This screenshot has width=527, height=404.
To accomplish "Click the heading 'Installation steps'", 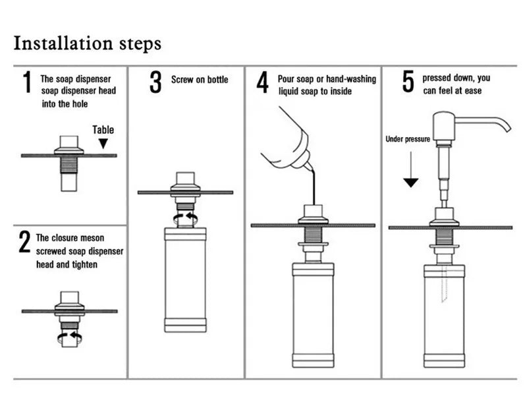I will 87,44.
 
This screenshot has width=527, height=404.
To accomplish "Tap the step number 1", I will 27,84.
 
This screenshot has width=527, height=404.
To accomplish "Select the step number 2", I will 24,243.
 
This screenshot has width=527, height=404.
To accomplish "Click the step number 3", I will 155,82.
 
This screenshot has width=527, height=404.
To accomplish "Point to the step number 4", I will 263,84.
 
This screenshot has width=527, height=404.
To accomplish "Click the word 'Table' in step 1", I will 103,130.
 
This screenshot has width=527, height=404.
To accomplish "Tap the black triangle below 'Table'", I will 103,143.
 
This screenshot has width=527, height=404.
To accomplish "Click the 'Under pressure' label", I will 408,139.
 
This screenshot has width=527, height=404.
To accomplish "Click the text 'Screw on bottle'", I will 200,80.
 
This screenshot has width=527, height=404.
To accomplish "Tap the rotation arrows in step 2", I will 69,337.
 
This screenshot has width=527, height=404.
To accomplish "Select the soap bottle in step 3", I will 185,279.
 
